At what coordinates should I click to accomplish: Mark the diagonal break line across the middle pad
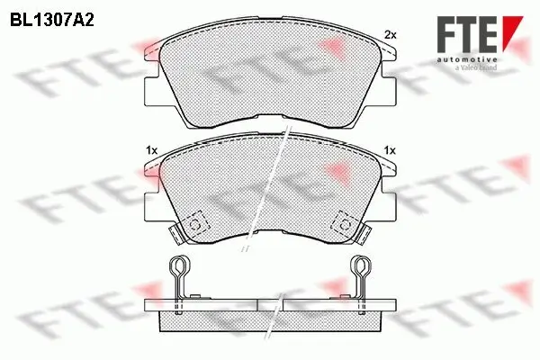pyautogui.click(x=270, y=184)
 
